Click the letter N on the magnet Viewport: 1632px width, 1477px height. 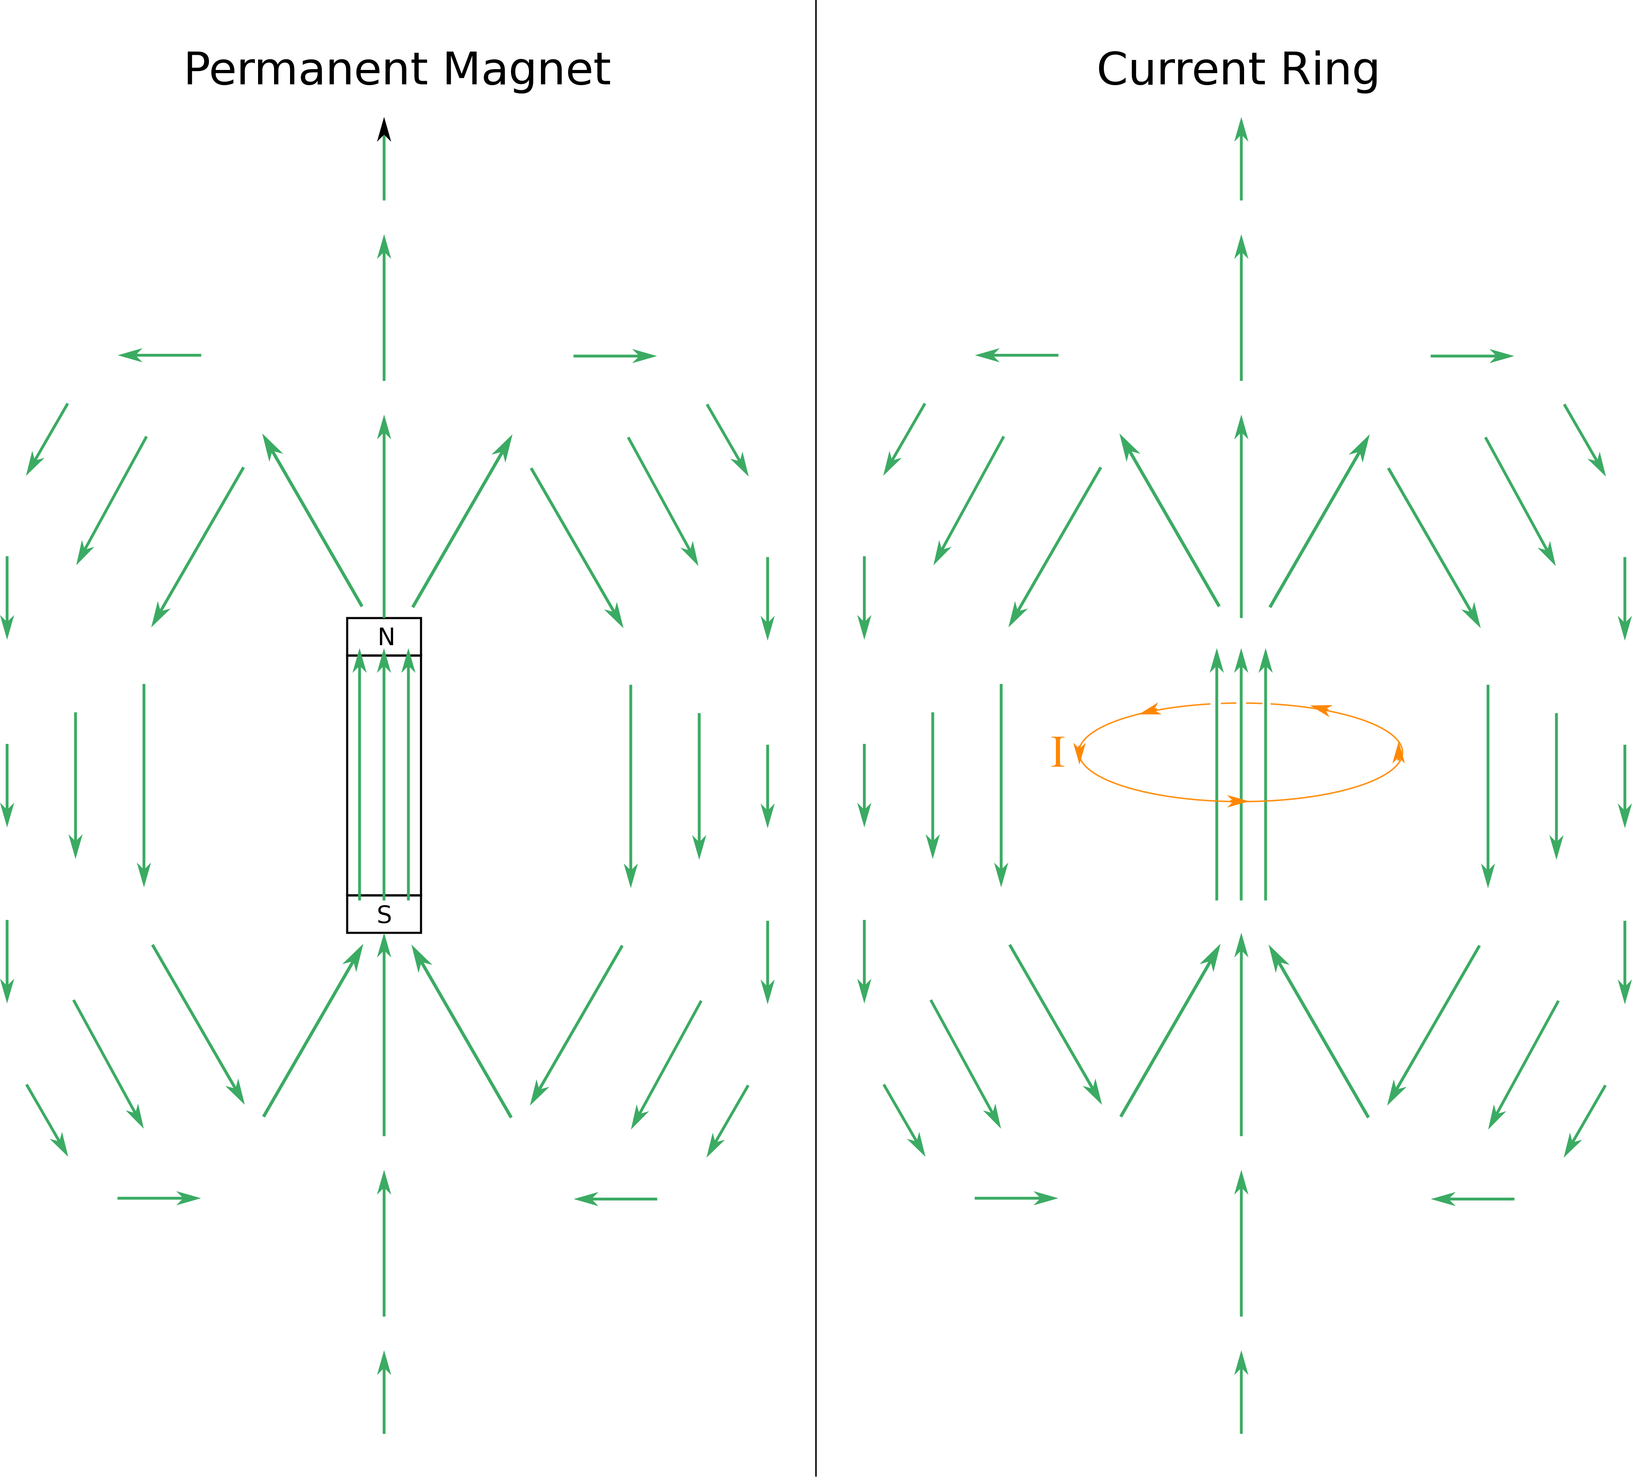[386, 637]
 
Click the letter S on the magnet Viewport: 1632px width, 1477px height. [384, 915]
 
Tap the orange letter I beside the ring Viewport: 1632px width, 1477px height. [1057, 752]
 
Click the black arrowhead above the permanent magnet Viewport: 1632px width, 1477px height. [384, 130]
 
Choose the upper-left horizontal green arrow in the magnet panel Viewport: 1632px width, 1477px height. [159, 355]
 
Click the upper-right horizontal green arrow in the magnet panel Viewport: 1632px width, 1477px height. [614, 355]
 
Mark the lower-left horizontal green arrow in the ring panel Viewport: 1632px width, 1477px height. [1016, 1198]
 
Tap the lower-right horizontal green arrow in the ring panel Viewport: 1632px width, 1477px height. [1473, 1198]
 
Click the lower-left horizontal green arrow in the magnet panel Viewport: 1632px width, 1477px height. [159, 1198]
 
